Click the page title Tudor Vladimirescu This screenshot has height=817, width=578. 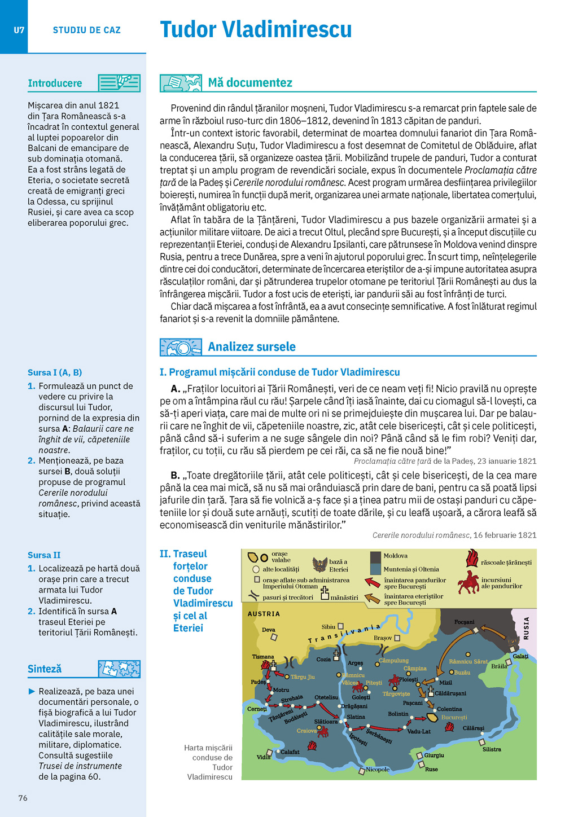tap(256, 29)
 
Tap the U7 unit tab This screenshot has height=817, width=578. tap(19, 30)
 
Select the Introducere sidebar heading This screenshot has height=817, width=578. tap(55, 84)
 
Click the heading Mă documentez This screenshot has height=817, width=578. tap(250, 83)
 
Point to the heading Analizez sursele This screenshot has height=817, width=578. tap(252, 347)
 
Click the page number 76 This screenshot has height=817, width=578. tap(23, 798)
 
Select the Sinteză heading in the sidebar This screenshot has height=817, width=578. tap(45, 669)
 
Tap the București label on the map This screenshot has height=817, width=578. tap(454, 718)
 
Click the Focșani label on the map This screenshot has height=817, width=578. tap(464, 622)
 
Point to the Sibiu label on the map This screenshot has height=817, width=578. tap(329, 627)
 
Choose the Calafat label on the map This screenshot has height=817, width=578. tap(290, 752)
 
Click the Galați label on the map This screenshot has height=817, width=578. tap(520, 656)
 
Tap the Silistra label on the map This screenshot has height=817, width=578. tap(492, 749)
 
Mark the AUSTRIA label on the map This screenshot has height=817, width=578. tap(264, 614)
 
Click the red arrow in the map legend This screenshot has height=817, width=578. tap(373, 582)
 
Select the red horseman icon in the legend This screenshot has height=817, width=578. tap(468, 582)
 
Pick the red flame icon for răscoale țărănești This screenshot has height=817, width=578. tap(472, 559)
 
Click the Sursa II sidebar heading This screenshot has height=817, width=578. tap(44, 555)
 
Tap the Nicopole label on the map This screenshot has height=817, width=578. tap(378, 769)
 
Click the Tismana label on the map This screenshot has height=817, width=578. tap(263, 657)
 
